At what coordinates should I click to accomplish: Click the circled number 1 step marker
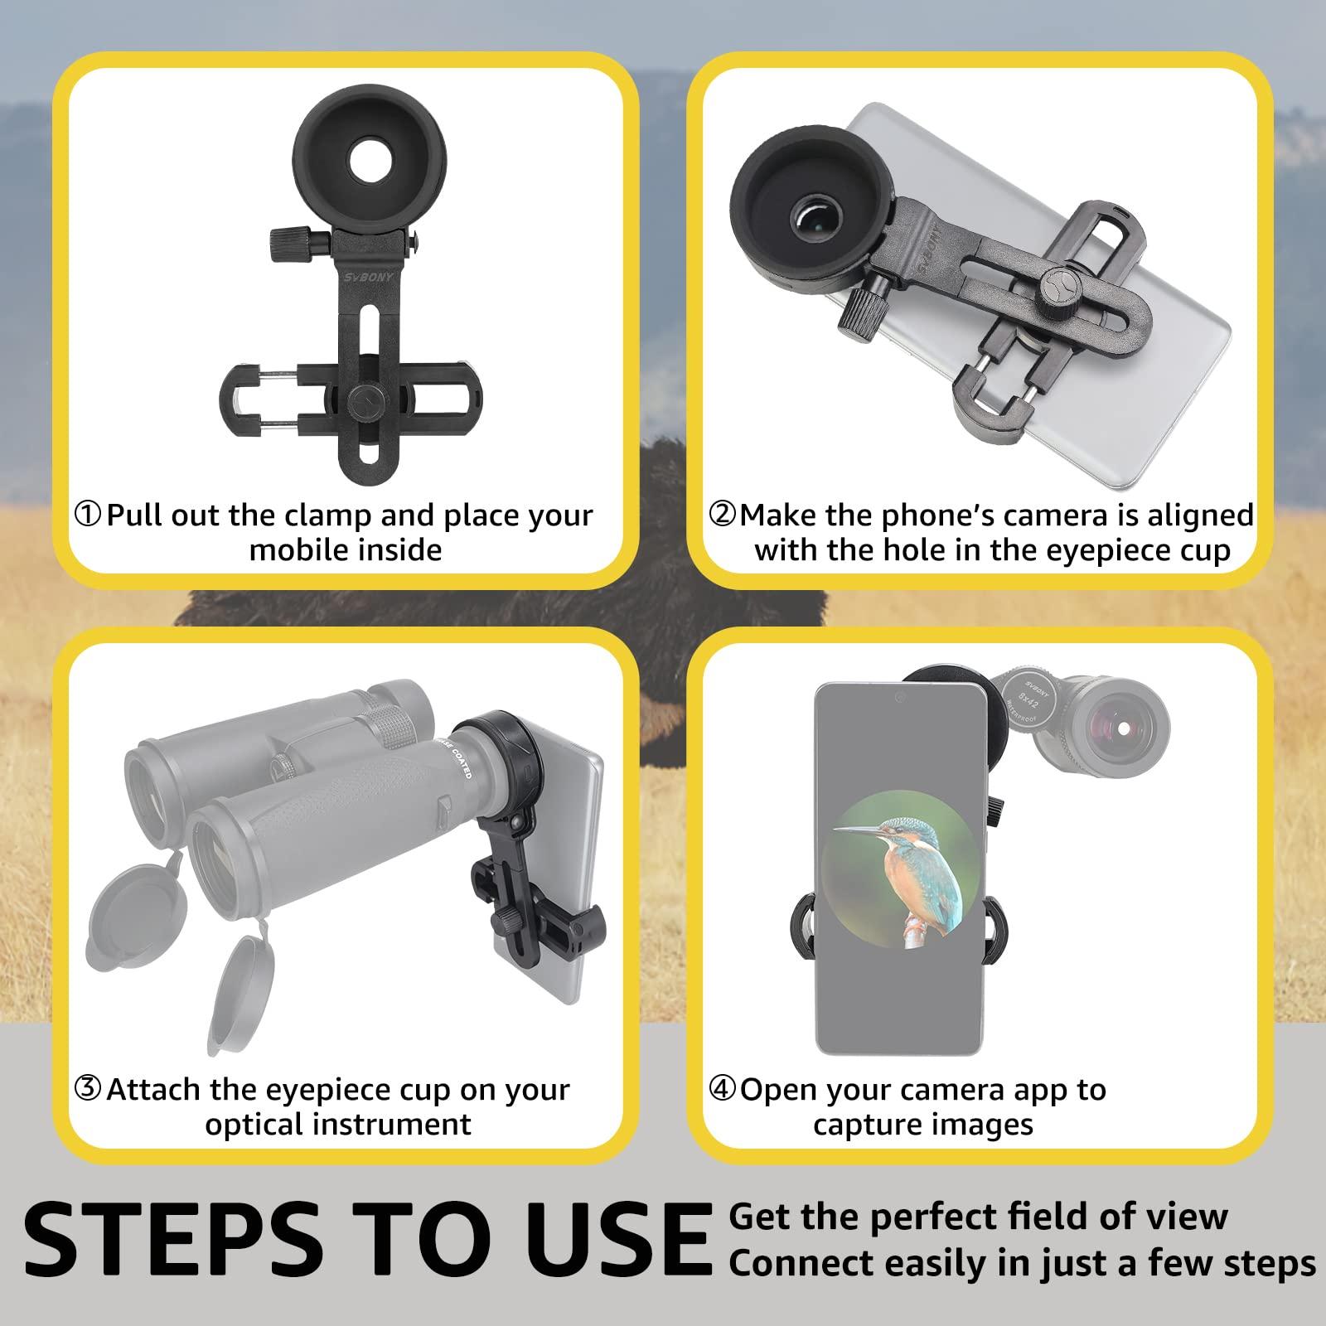point(89,515)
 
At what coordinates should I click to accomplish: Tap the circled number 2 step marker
point(723,515)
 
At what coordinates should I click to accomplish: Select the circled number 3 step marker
point(89,1089)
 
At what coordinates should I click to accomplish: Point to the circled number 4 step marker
point(723,1089)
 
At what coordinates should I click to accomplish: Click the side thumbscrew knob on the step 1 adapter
point(287,241)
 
